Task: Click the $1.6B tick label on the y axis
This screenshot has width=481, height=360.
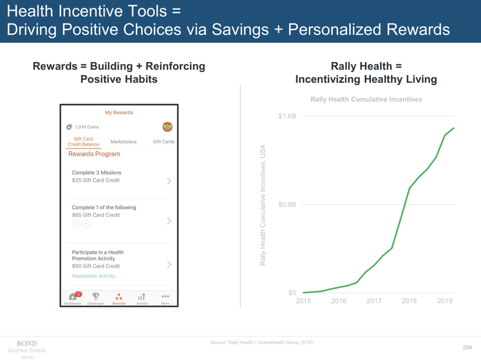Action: (287, 116)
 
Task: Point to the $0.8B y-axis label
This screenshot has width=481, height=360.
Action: (287, 204)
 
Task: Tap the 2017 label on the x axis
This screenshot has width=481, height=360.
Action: (374, 301)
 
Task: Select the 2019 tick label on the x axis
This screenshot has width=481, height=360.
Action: (444, 301)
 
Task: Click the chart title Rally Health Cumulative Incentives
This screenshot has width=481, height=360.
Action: (366, 99)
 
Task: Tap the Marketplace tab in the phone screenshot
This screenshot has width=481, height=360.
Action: (123, 142)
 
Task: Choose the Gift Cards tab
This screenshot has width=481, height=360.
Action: (164, 142)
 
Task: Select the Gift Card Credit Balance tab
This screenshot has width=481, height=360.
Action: (83, 142)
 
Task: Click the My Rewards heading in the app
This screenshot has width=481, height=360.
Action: (119, 112)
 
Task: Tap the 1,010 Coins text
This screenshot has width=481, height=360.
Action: (87, 127)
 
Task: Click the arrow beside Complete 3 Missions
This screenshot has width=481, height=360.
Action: (169, 181)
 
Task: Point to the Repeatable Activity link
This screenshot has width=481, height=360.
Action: (93, 276)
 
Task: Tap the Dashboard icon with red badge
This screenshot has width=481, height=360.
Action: (73, 296)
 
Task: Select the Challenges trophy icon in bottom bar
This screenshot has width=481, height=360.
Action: (96, 296)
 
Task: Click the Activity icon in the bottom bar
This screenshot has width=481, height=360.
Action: (142, 297)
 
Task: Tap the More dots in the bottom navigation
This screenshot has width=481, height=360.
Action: (165, 297)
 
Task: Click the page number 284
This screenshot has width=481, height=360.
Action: (467, 347)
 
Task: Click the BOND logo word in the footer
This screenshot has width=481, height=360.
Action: (26, 343)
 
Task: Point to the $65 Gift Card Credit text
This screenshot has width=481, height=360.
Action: (96, 215)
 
